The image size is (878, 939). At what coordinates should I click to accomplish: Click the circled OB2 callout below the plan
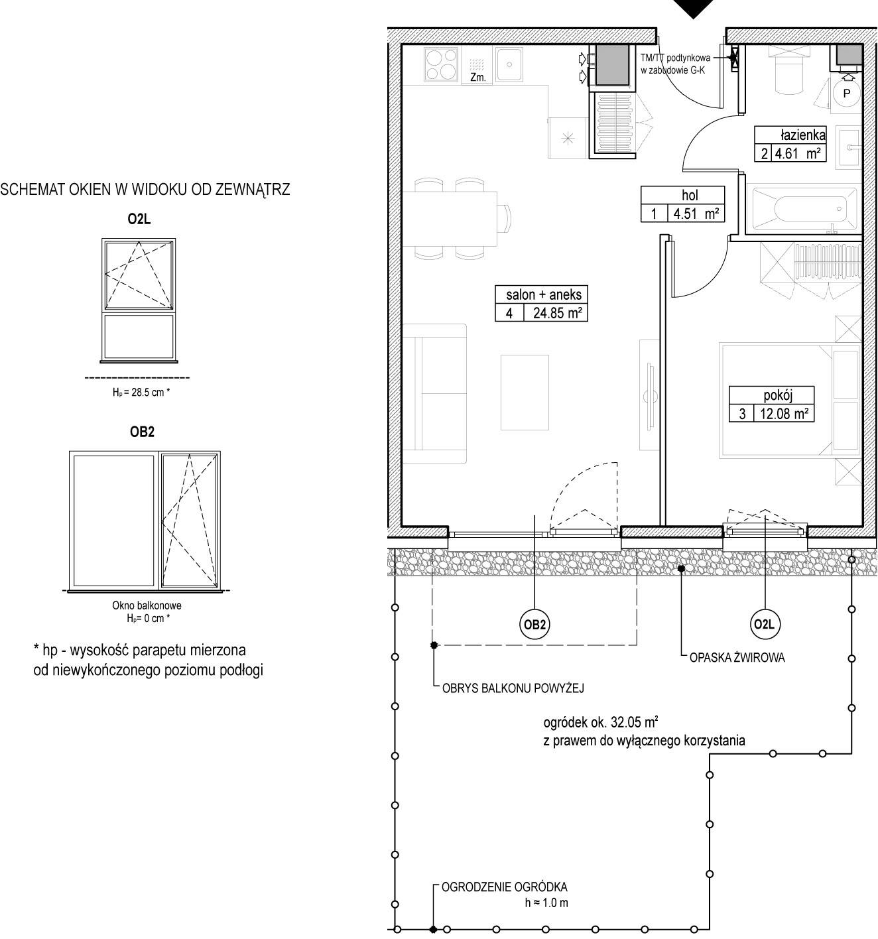pos(534,625)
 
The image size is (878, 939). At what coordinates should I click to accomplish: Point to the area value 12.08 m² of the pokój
pos(784,414)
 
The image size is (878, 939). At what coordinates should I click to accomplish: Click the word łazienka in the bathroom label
pos(803,135)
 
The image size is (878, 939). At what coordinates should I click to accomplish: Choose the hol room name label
pos(690,195)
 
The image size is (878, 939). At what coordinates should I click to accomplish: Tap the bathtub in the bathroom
pos(804,208)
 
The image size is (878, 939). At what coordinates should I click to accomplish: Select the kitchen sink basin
pos(510,64)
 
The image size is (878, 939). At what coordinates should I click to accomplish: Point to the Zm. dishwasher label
pos(478,77)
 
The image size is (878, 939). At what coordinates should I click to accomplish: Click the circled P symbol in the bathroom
pos(846,93)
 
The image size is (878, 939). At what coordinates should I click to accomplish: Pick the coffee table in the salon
pos(525,393)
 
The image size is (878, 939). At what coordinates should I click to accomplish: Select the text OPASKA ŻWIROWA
pos(737,658)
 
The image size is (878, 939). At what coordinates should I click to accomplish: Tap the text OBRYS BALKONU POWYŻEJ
pos(513,688)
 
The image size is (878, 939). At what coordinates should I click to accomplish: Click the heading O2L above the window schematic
pos(139,219)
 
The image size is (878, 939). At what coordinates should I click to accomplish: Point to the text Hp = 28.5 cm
pos(141,392)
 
